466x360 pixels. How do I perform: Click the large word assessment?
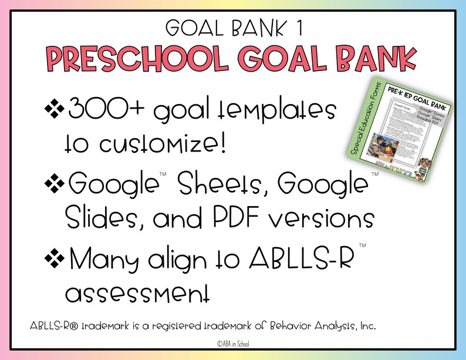coord(136,292)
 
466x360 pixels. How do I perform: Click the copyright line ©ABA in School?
coord(233,345)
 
